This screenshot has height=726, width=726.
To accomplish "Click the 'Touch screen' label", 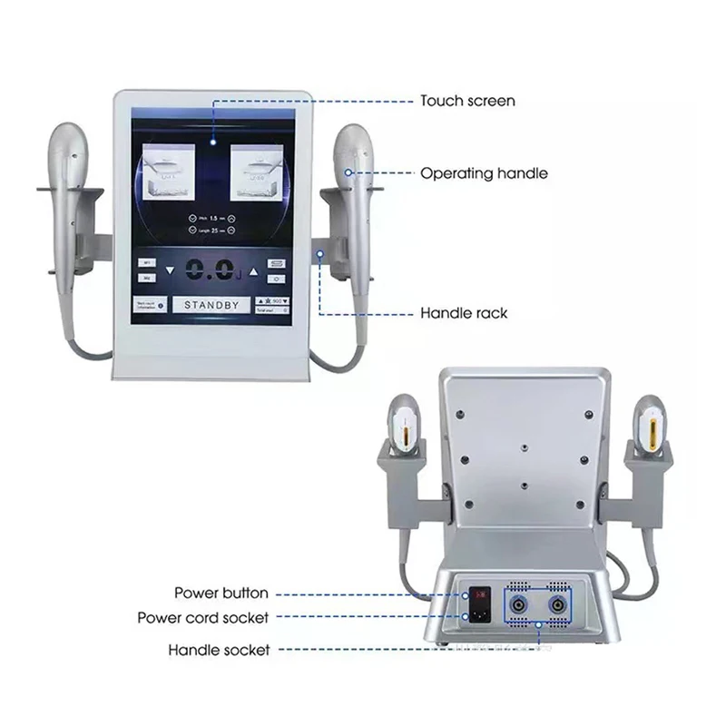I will [466, 101].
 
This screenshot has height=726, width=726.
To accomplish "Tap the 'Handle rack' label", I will [463, 314].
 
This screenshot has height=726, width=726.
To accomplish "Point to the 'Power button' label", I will [221, 594].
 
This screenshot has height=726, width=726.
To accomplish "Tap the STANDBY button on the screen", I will [211, 305].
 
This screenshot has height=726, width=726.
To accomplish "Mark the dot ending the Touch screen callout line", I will [213, 141].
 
